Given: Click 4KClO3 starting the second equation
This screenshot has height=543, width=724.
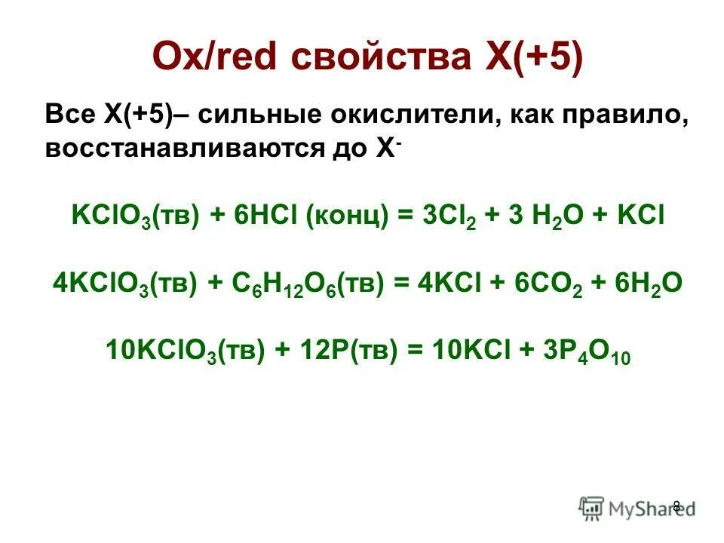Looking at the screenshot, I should click(103, 284).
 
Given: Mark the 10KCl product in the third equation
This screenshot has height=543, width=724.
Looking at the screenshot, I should click(467, 351).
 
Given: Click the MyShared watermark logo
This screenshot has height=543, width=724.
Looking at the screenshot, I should click(638, 508).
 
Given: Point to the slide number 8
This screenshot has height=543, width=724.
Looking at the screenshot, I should click(676, 506).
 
